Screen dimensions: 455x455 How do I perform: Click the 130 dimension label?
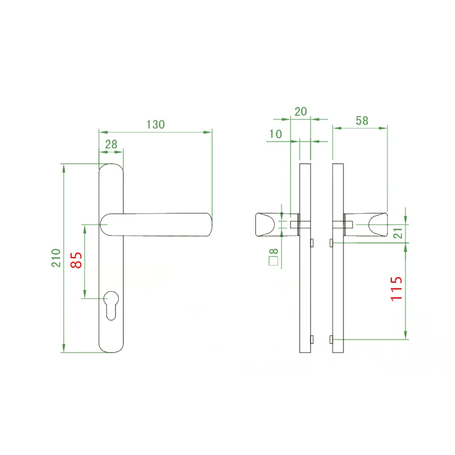click(x=155, y=125)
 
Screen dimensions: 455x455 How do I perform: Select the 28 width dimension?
click(x=111, y=144)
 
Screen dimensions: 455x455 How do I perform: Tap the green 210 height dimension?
click(x=56, y=258)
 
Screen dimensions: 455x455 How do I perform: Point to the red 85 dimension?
click(x=76, y=260)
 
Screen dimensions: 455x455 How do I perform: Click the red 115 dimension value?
click(x=396, y=289)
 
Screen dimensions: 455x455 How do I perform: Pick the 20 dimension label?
click(x=301, y=111)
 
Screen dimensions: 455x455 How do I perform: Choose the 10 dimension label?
click(x=275, y=134)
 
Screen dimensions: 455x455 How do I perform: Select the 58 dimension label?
click(x=362, y=121)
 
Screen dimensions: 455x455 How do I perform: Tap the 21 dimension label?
click(x=398, y=233)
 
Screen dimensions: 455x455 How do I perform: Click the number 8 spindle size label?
click(x=274, y=251)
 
